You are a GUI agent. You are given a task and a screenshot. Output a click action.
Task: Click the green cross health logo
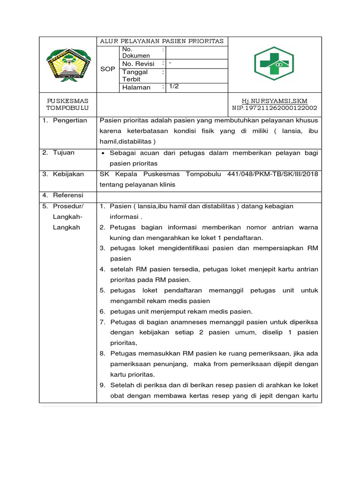pyautogui.click(x=274, y=63)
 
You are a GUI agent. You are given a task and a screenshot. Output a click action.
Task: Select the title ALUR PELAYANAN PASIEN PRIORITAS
pyautogui.click(x=162, y=41)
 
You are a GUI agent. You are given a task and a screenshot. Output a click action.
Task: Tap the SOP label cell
pyautogui.click(x=108, y=68)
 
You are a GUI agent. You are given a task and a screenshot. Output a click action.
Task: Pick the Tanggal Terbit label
pyautogui.click(x=135, y=75)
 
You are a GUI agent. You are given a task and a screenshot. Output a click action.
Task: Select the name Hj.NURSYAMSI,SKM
pyautogui.click(x=274, y=101)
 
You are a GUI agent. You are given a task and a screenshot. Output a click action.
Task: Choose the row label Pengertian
pyautogui.click(x=70, y=120)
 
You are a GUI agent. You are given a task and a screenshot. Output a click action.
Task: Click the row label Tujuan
pyautogui.click(x=64, y=152)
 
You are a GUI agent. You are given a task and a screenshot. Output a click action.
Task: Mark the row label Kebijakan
pyautogui.click(x=68, y=174)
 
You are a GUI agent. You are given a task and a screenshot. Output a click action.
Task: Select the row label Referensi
pyautogui.click(x=68, y=195)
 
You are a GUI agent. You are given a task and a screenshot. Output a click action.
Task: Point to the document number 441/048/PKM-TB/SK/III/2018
pyautogui.click(x=272, y=174)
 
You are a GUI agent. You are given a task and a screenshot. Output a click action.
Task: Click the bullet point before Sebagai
pyautogui.click(x=103, y=153)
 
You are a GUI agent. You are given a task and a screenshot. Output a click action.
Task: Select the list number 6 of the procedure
pyautogui.click(x=102, y=311)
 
